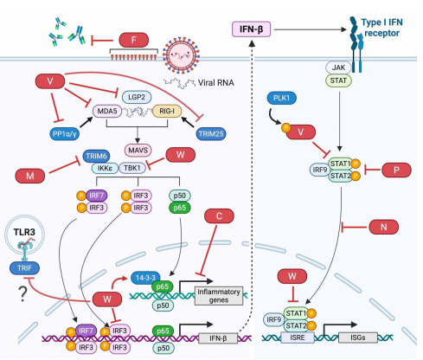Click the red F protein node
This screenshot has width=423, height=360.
(x=134, y=40)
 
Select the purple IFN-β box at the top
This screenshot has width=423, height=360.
(x=252, y=29)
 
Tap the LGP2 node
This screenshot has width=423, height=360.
(x=137, y=97)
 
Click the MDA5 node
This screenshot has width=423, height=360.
(x=107, y=111)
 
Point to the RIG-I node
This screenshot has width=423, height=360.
(x=167, y=111)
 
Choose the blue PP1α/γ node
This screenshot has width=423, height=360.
(x=65, y=134)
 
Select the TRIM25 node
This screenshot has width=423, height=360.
(x=211, y=134)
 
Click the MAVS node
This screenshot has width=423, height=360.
(x=138, y=150)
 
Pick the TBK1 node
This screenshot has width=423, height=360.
(x=132, y=168)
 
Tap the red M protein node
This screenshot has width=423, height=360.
(x=30, y=176)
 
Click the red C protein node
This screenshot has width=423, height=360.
(x=219, y=215)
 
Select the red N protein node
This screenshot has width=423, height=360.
(x=384, y=227)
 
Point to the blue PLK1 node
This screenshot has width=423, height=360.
(x=281, y=98)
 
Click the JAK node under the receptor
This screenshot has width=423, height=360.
(x=338, y=67)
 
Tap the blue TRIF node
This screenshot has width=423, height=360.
(x=24, y=268)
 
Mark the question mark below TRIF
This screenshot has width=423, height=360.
(x=22, y=294)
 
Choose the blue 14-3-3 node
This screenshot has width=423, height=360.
(x=145, y=278)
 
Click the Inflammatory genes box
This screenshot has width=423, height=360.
(x=219, y=296)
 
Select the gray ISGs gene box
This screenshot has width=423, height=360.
(x=358, y=337)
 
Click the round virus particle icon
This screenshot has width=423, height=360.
(x=181, y=55)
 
